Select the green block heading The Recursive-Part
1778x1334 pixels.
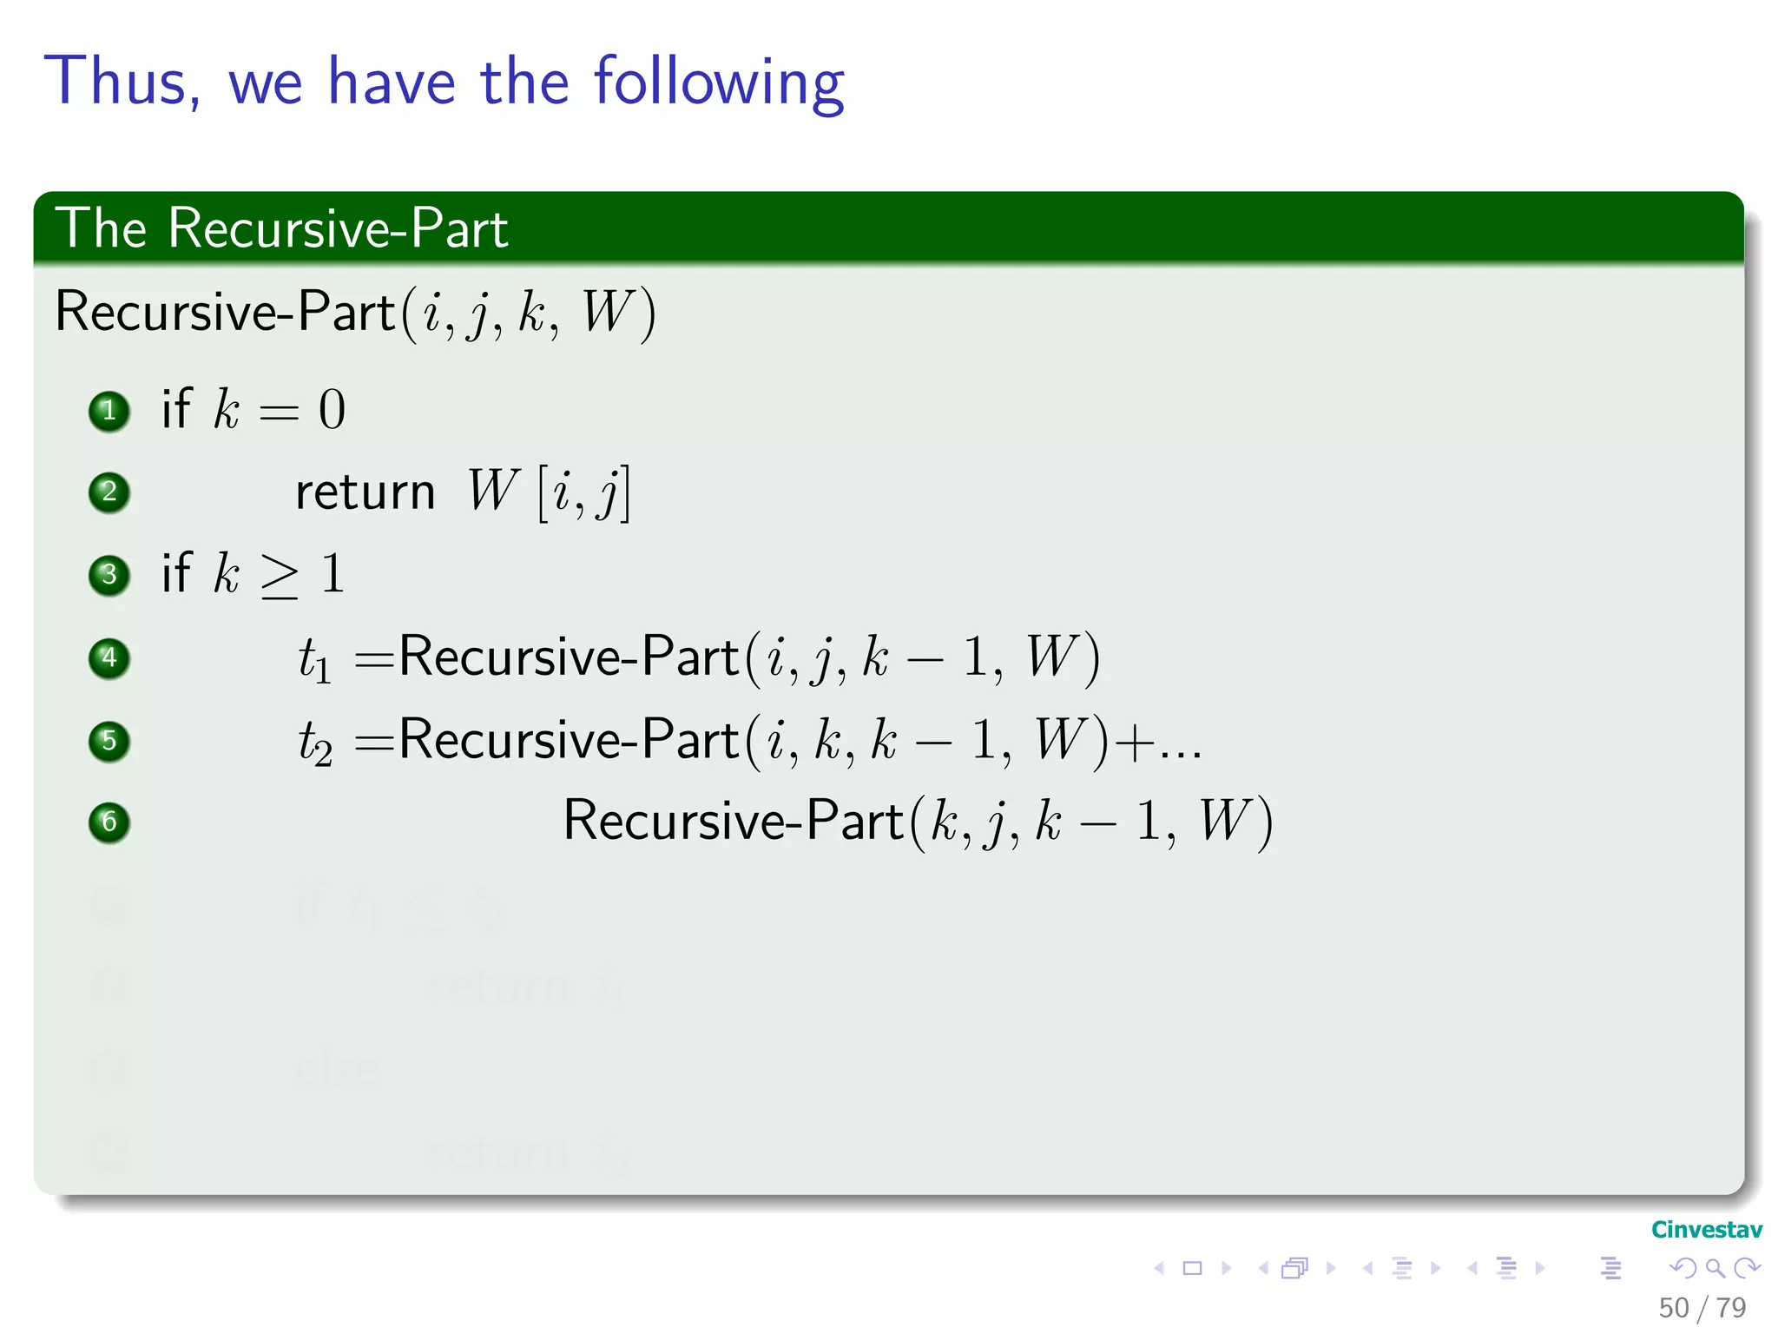[281, 228]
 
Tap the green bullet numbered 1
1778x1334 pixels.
[109, 411]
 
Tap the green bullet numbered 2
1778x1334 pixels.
[109, 492]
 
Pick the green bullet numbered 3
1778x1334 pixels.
[109, 575]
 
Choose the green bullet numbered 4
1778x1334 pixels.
[109, 657]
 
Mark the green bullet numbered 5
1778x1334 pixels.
[109, 741]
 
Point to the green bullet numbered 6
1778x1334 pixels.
[109, 822]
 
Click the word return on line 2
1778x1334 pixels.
[365, 493]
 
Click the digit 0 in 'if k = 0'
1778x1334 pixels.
[332, 410]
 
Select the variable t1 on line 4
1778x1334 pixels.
[314, 659]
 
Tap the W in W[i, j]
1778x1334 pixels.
[492, 491]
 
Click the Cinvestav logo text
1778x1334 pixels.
[1706, 1230]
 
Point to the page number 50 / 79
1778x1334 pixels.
[1702, 1307]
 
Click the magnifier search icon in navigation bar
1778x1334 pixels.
[1715, 1269]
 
